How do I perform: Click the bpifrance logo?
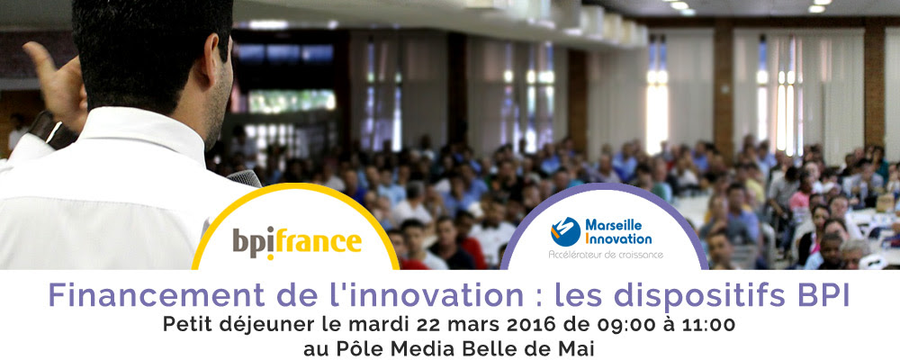(297, 242)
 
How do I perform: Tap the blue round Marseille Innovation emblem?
(565, 231)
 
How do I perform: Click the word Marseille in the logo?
(614, 224)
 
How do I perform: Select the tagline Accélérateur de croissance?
(606, 254)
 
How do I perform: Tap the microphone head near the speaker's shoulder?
(244, 178)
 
